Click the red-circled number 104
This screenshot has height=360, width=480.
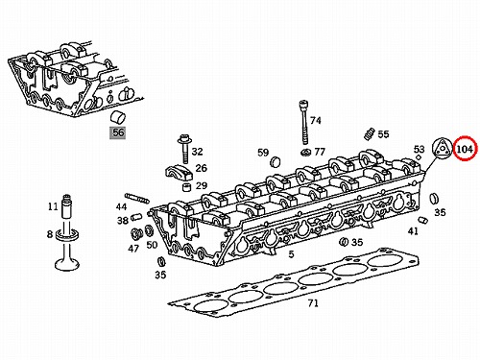[465, 149]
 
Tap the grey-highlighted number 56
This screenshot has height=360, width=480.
[118, 132]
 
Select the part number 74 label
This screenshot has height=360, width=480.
[316, 121]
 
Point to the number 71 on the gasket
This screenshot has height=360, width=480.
[313, 302]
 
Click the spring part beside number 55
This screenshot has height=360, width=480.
[370, 133]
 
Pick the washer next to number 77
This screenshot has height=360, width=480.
[306, 153]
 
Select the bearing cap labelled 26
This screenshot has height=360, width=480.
[179, 173]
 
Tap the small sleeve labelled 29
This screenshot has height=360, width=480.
[186, 186]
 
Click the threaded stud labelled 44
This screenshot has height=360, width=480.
[137, 198]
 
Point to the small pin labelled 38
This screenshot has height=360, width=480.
[135, 216]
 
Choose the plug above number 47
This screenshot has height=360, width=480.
[136, 234]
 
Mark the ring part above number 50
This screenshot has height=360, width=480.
[149, 229]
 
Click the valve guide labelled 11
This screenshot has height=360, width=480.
[66, 206]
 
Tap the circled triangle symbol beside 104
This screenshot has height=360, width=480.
[441, 149]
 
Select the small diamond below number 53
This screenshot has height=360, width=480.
[419, 157]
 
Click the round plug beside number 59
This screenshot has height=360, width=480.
[276, 162]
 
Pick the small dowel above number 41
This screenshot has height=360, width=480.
[423, 220]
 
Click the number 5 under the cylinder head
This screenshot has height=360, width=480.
[291, 254]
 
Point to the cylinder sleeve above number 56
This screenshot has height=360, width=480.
[118, 117]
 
